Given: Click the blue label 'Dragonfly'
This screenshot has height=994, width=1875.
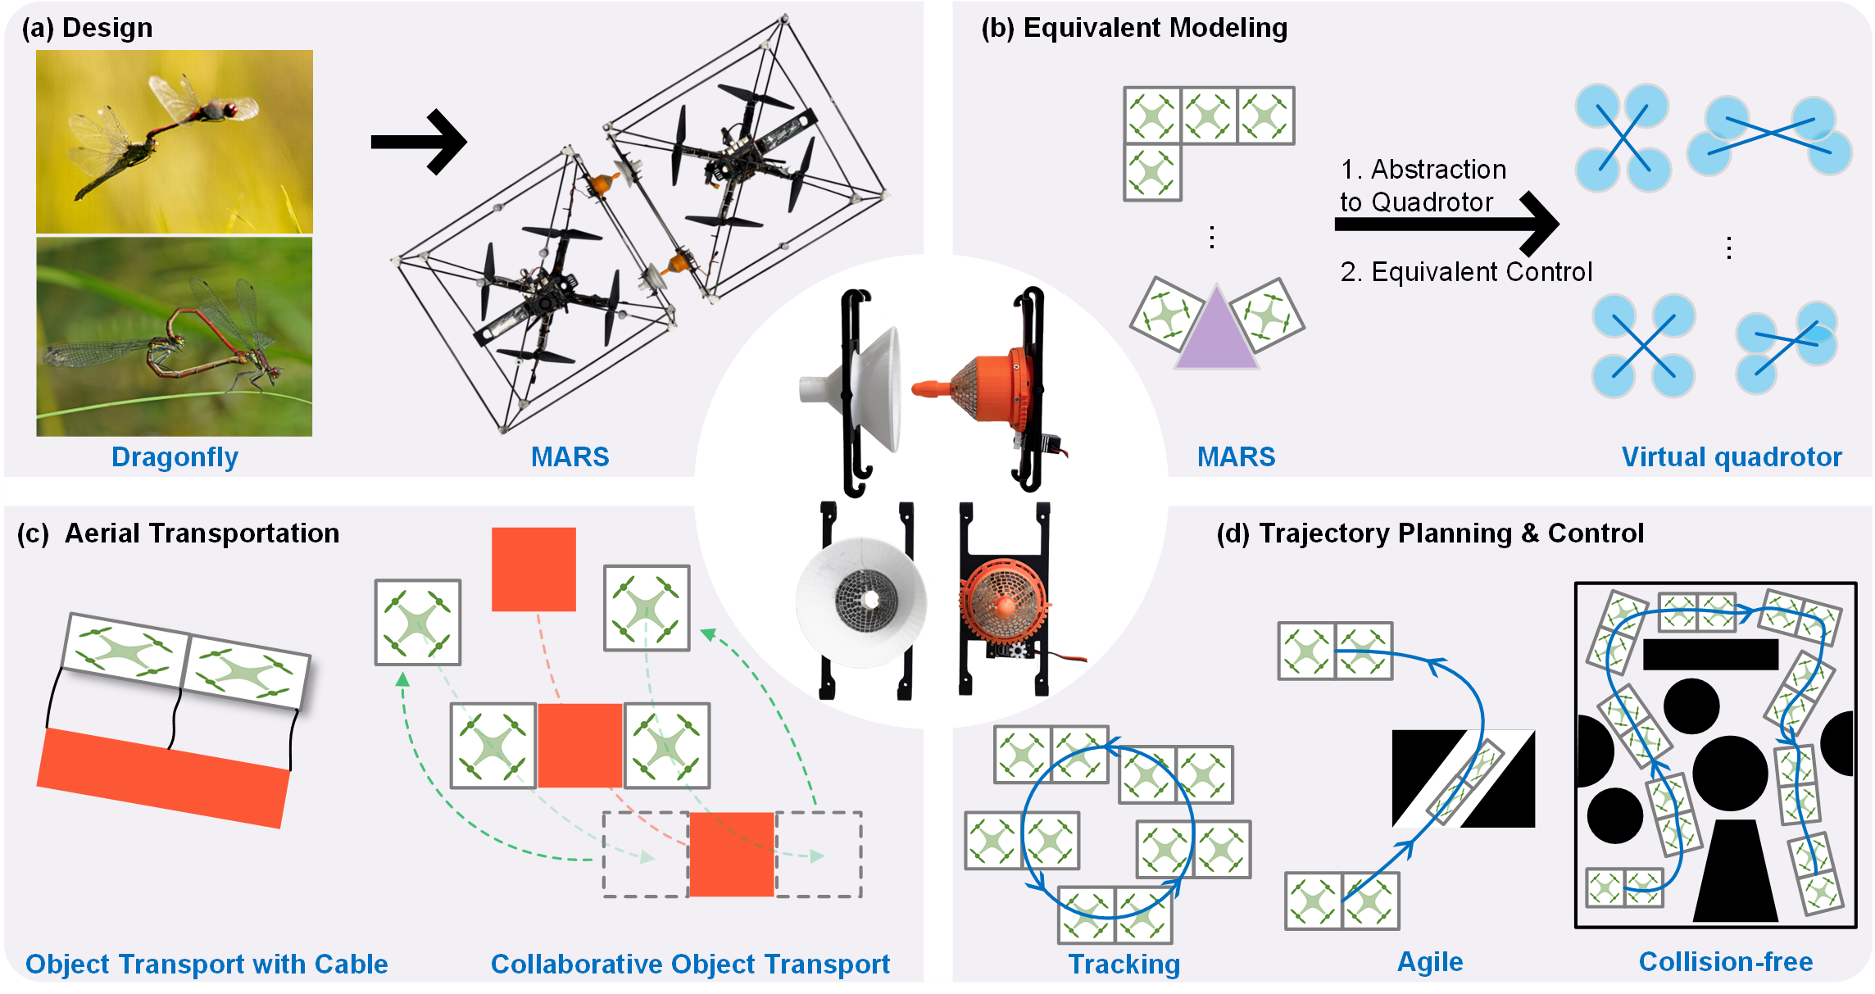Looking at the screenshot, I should tap(175, 456).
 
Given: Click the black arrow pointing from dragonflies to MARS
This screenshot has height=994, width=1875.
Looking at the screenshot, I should tap(419, 142).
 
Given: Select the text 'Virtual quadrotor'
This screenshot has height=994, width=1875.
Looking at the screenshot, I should tap(1732, 456).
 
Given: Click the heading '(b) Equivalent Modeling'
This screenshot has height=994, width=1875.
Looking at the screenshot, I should tap(1134, 28).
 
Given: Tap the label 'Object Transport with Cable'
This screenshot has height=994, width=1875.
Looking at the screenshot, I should tap(207, 964).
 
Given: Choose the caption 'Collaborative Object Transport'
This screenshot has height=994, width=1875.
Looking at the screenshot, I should tap(690, 964).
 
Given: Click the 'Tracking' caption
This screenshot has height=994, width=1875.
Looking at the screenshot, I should tap(1124, 964).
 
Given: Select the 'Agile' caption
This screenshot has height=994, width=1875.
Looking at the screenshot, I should tap(1430, 961).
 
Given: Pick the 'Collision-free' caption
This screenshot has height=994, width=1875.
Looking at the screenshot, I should tap(1726, 961).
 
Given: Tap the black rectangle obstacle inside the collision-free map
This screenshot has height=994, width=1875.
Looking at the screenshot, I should tap(1710, 655).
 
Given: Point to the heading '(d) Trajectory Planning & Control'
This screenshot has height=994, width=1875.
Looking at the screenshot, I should tap(1430, 533).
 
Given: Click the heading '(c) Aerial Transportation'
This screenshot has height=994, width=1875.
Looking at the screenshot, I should tap(178, 533).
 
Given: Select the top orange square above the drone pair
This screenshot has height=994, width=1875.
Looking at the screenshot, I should tap(533, 570).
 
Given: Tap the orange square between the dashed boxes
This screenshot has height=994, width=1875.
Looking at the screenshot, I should tap(732, 855).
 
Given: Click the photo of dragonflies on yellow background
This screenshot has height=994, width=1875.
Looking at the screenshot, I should tap(175, 142).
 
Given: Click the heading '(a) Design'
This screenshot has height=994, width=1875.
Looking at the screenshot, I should tap(87, 28).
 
